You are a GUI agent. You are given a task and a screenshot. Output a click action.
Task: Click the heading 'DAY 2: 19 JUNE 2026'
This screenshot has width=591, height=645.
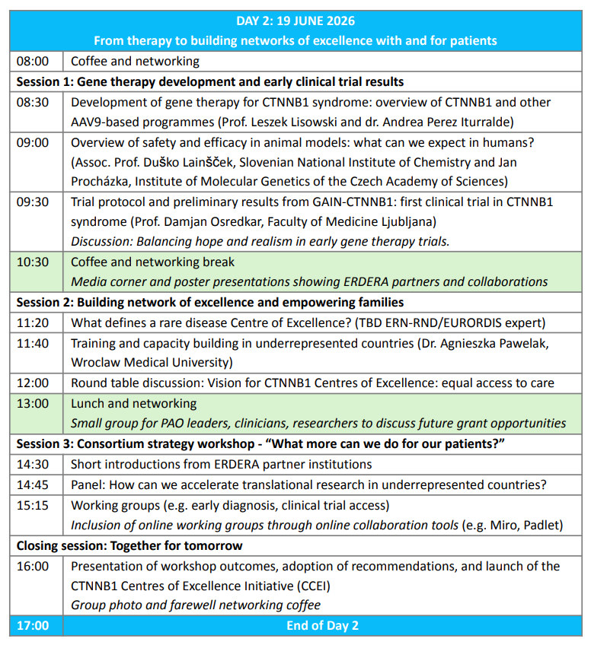[x=295, y=21]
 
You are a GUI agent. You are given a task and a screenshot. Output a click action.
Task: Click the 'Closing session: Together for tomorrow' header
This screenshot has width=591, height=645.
[x=129, y=545]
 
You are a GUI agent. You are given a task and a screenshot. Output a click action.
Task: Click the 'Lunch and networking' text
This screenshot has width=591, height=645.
[x=133, y=403]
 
